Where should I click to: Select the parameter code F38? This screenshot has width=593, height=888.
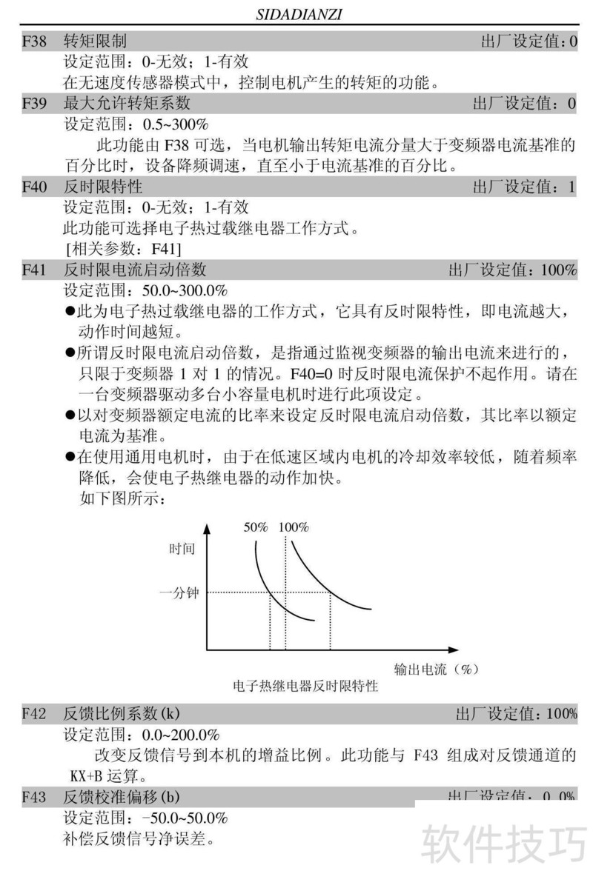point(33,41)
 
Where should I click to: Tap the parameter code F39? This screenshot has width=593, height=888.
point(33,103)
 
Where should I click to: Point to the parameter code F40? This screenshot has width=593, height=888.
point(33,186)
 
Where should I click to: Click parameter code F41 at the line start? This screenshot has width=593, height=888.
point(33,269)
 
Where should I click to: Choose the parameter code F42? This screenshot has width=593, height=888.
point(33,713)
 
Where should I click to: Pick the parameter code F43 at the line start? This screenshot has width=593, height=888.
point(33,797)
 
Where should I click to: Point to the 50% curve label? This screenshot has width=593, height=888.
point(256,527)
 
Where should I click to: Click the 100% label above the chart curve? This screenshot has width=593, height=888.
point(294,527)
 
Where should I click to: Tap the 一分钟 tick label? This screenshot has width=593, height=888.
point(179,592)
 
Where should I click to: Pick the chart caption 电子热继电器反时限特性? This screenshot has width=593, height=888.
point(305,687)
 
